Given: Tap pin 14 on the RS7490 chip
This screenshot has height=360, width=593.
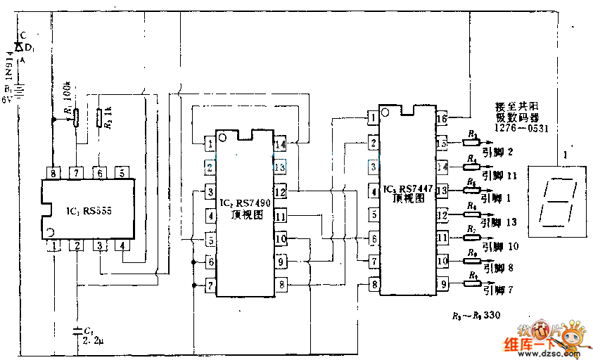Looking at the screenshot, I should pyautogui.click(x=280, y=144).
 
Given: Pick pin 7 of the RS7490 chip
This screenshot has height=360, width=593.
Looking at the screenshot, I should pyautogui.click(x=210, y=285).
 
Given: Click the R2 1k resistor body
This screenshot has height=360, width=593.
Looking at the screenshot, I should pyautogui.click(x=98, y=117).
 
